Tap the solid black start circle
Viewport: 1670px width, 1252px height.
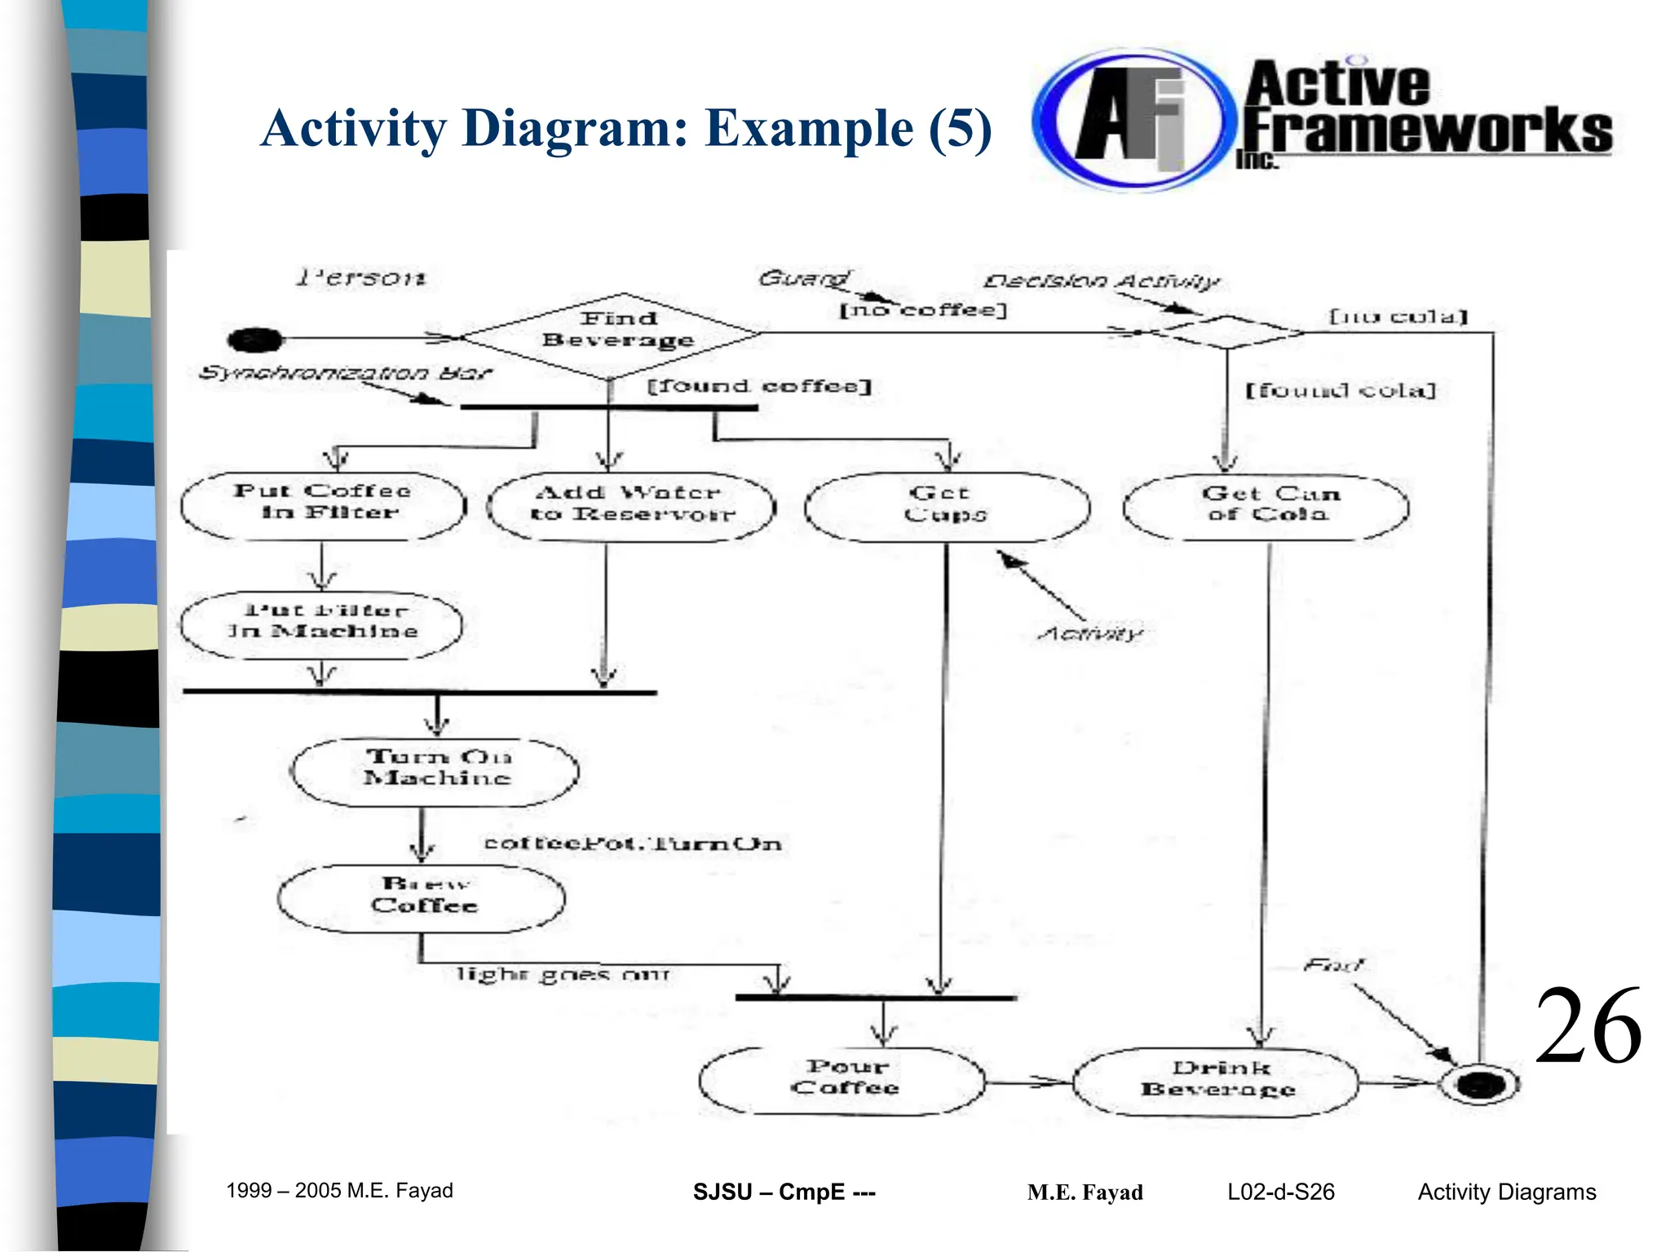click(255, 339)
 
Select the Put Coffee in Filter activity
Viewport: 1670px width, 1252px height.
click(323, 505)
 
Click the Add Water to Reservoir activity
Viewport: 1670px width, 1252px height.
click(631, 506)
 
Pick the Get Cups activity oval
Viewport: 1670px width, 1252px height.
click(946, 506)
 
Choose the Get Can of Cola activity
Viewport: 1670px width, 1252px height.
click(1266, 506)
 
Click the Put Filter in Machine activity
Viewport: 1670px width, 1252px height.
click(321, 624)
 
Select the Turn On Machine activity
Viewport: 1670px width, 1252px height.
click(435, 771)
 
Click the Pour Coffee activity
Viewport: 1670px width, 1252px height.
click(843, 1081)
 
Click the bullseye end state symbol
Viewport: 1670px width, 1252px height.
click(1479, 1084)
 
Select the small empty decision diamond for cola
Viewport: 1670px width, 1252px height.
click(1226, 332)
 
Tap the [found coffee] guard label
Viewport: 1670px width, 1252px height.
click(759, 386)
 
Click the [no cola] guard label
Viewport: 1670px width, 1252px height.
click(1398, 316)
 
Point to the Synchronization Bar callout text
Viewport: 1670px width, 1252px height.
click(346, 373)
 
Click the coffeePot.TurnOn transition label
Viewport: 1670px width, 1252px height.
click(633, 844)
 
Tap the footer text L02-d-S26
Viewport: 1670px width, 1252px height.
click(1280, 1192)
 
